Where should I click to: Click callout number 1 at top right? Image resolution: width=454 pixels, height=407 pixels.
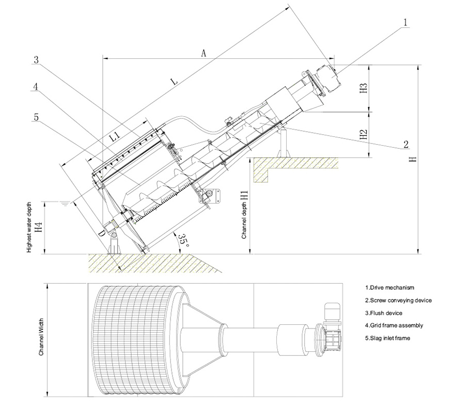405,22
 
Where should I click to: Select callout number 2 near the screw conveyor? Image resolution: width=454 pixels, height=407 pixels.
406,144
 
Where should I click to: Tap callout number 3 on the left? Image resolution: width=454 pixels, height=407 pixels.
36,59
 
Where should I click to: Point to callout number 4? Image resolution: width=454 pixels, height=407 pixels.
36,87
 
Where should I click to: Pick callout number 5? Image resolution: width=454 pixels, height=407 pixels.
36,117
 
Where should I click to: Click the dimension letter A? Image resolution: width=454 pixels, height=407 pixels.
204,53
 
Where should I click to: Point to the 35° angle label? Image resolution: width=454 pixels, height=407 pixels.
183,240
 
